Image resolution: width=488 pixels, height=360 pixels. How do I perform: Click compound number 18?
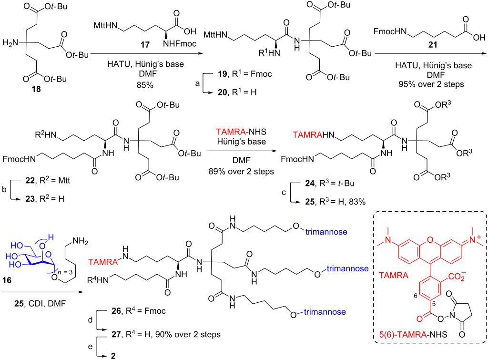pos(36,89)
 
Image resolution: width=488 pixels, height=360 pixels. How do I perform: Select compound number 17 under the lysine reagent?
pos(145,45)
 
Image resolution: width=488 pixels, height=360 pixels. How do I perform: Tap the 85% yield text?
pos(145,85)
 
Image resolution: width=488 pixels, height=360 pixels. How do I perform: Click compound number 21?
pos(433,45)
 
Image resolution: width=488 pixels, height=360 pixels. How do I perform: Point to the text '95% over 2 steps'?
pos(431,84)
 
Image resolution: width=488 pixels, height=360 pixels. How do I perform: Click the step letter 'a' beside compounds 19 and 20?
pos(197,83)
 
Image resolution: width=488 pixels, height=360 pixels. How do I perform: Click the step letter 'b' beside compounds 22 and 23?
pos(4,189)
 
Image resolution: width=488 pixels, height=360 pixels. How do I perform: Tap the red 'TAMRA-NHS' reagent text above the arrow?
pos(241,132)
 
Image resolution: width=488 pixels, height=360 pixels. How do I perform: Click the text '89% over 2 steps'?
pos(241,172)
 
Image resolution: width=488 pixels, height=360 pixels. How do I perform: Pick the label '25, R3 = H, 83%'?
pos(335,202)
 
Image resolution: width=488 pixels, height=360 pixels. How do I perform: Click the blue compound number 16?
pos(7,280)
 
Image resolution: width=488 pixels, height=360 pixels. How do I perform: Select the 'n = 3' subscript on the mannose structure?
pos(66,272)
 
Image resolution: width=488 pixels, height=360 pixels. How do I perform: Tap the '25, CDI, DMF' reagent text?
pos(40,303)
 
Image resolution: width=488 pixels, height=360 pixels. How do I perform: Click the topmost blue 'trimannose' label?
pos(326,232)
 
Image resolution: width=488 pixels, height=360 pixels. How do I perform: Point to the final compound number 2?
pos(113,356)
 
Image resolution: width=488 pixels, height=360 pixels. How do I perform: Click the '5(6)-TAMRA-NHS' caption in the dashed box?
pos(413,334)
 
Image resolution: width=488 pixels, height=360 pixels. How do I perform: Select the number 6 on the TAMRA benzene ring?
pos(416,296)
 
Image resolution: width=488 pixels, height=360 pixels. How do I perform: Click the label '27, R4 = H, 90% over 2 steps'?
pos(166,334)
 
